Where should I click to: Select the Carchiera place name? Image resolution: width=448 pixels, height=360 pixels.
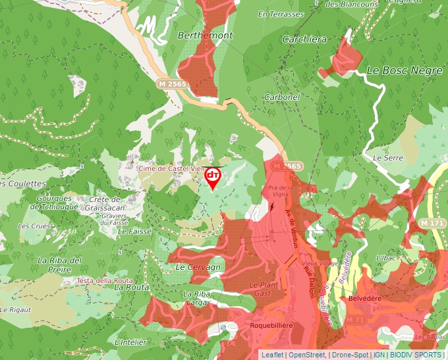click(x=304, y=39)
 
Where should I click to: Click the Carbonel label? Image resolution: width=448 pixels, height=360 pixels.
click(x=281, y=97)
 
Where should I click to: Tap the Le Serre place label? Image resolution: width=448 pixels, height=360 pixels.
click(x=387, y=158)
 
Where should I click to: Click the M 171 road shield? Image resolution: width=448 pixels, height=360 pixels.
click(x=432, y=224)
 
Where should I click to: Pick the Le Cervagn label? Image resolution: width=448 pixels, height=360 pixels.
click(x=198, y=268)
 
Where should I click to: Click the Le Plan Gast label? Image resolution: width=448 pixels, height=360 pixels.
click(x=261, y=288)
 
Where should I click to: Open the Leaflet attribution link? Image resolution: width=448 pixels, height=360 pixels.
click(x=272, y=355)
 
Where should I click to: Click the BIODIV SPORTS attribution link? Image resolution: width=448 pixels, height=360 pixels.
click(x=416, y=355)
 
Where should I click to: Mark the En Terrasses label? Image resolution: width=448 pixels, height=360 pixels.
click(x=281, y=14)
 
